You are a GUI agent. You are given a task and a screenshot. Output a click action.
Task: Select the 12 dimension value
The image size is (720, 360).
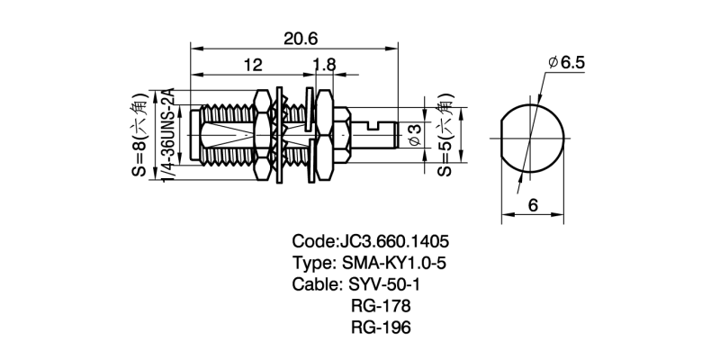(x=252, y=65)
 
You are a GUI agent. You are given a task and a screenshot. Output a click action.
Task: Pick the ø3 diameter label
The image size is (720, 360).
(x=415, y=136)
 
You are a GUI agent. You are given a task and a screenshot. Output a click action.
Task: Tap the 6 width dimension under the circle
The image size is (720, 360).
(x=533, y=206)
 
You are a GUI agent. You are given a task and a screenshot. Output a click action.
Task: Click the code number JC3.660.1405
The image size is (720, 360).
(x=392, y=243)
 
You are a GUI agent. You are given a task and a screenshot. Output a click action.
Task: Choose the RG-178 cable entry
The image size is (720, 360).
(x=380, y=306)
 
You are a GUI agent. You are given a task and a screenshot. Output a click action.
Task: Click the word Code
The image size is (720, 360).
(x=313, y=243)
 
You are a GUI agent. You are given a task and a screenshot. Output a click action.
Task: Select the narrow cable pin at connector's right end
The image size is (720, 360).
(x=382, y=134)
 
